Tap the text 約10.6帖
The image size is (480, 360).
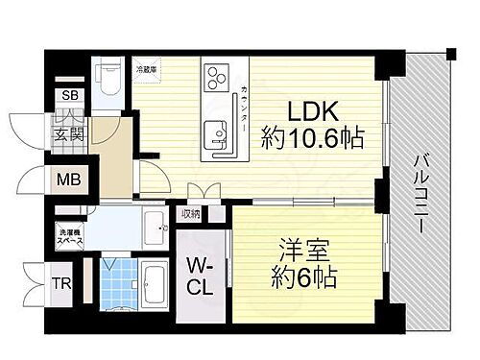click(309, 140)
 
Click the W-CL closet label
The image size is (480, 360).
click(200, 278)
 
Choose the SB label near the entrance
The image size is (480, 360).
click(71, 96)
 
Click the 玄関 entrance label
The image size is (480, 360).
click(69, 133)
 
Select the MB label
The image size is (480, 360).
click(69, 180)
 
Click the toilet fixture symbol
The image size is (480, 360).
click(108, 82)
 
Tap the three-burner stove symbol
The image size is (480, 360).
click(215, 76)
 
